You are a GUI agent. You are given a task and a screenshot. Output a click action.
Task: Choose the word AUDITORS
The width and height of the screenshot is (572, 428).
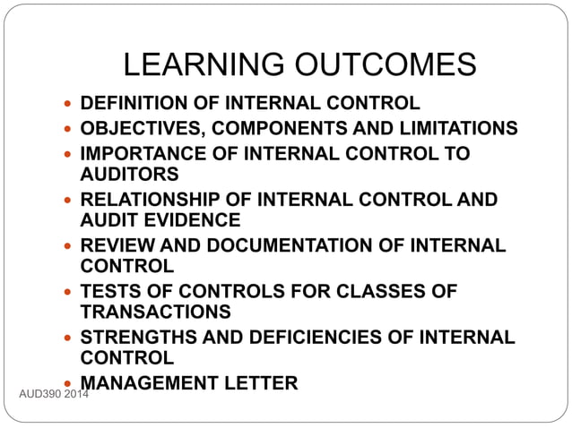click(x=129, y=174)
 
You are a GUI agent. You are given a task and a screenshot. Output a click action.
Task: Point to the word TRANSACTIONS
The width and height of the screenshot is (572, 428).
click(x=155, y=312)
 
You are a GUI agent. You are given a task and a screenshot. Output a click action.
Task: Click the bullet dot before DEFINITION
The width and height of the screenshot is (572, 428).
click(x=69, y=104)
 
